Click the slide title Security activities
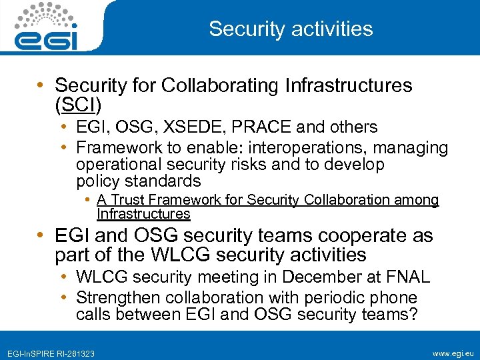point(291,29)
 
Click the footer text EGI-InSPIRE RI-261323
point(51,352)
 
